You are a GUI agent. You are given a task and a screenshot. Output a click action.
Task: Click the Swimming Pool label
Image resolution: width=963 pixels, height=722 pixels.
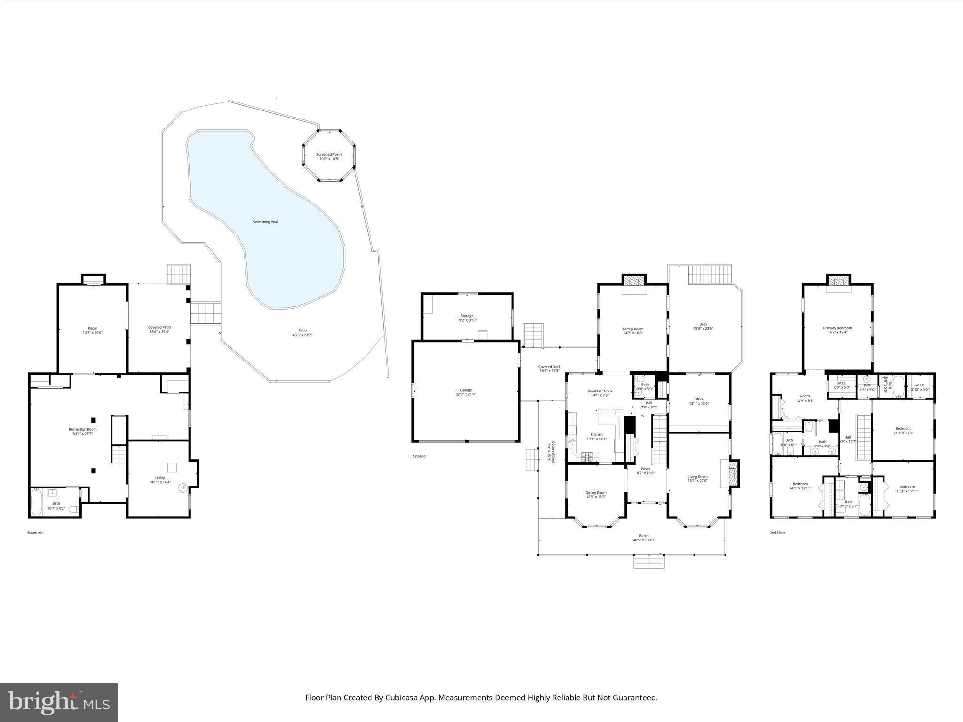[265, 222]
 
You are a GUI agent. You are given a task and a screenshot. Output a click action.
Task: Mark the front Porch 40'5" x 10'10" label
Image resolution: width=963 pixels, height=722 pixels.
[644, 538]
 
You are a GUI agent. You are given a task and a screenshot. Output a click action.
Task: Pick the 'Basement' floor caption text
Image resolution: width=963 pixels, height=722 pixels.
[35, 533]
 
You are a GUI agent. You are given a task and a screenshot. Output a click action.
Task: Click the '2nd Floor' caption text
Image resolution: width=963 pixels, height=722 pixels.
[777, 533]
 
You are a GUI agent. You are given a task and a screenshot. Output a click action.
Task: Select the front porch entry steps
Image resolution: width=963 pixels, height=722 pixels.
[649, 561]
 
